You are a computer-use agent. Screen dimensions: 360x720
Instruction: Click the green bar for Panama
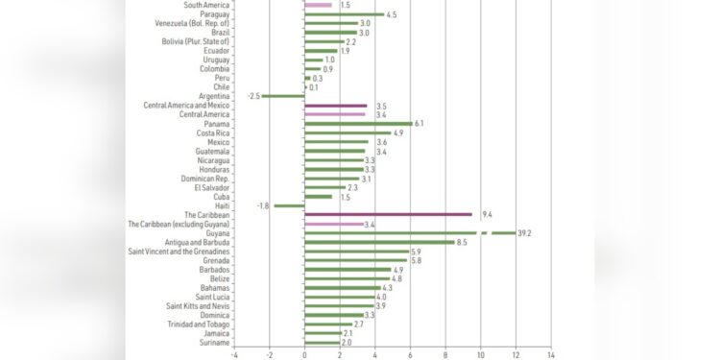tap(358, 124)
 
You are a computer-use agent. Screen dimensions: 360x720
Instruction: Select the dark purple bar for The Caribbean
tap(388, 215)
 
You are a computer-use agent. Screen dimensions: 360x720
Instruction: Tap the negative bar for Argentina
tap(283, 96)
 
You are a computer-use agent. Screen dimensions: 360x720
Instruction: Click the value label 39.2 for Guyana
tap(526, 233)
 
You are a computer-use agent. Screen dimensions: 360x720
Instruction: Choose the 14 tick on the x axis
tap(551, 353)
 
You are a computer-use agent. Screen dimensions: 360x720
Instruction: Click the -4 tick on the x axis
tap(233, 353)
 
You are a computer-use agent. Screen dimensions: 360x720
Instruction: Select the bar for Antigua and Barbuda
tap(379, 243)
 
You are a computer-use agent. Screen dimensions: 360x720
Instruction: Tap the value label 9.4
tap(487, 215)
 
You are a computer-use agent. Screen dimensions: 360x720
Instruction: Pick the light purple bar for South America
tap(318, 5)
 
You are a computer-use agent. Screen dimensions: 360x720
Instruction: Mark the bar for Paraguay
tap(344, 14)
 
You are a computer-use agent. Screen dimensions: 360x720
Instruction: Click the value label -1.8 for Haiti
tap(262, 205)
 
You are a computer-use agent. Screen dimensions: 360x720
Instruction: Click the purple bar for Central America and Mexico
tap(335, 106)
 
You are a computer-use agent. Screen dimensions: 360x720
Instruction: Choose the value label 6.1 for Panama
tap(420, 124)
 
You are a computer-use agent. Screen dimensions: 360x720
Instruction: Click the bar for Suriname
tap(322, 343)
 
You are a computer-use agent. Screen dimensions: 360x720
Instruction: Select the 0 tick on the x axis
tap(304, 353)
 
